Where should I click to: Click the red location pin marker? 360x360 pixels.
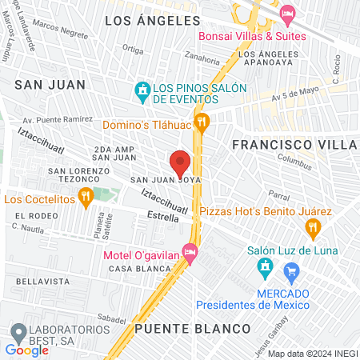click(x=180, y=162)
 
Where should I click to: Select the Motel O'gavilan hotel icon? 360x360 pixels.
click(x=190, y=253)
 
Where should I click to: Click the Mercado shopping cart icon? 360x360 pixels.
click(x=292, y=272)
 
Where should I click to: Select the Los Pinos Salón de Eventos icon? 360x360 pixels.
click(x=142, y=90)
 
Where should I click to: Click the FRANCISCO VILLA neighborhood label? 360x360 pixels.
click(x=294, y=145)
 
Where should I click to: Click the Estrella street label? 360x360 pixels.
click(x=164, y=216)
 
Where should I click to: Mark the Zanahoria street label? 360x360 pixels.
click(x=202, y=57)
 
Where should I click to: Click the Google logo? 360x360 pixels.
click(x=26, y=350)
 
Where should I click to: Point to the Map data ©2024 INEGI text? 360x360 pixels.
click(x=312, y=354)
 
